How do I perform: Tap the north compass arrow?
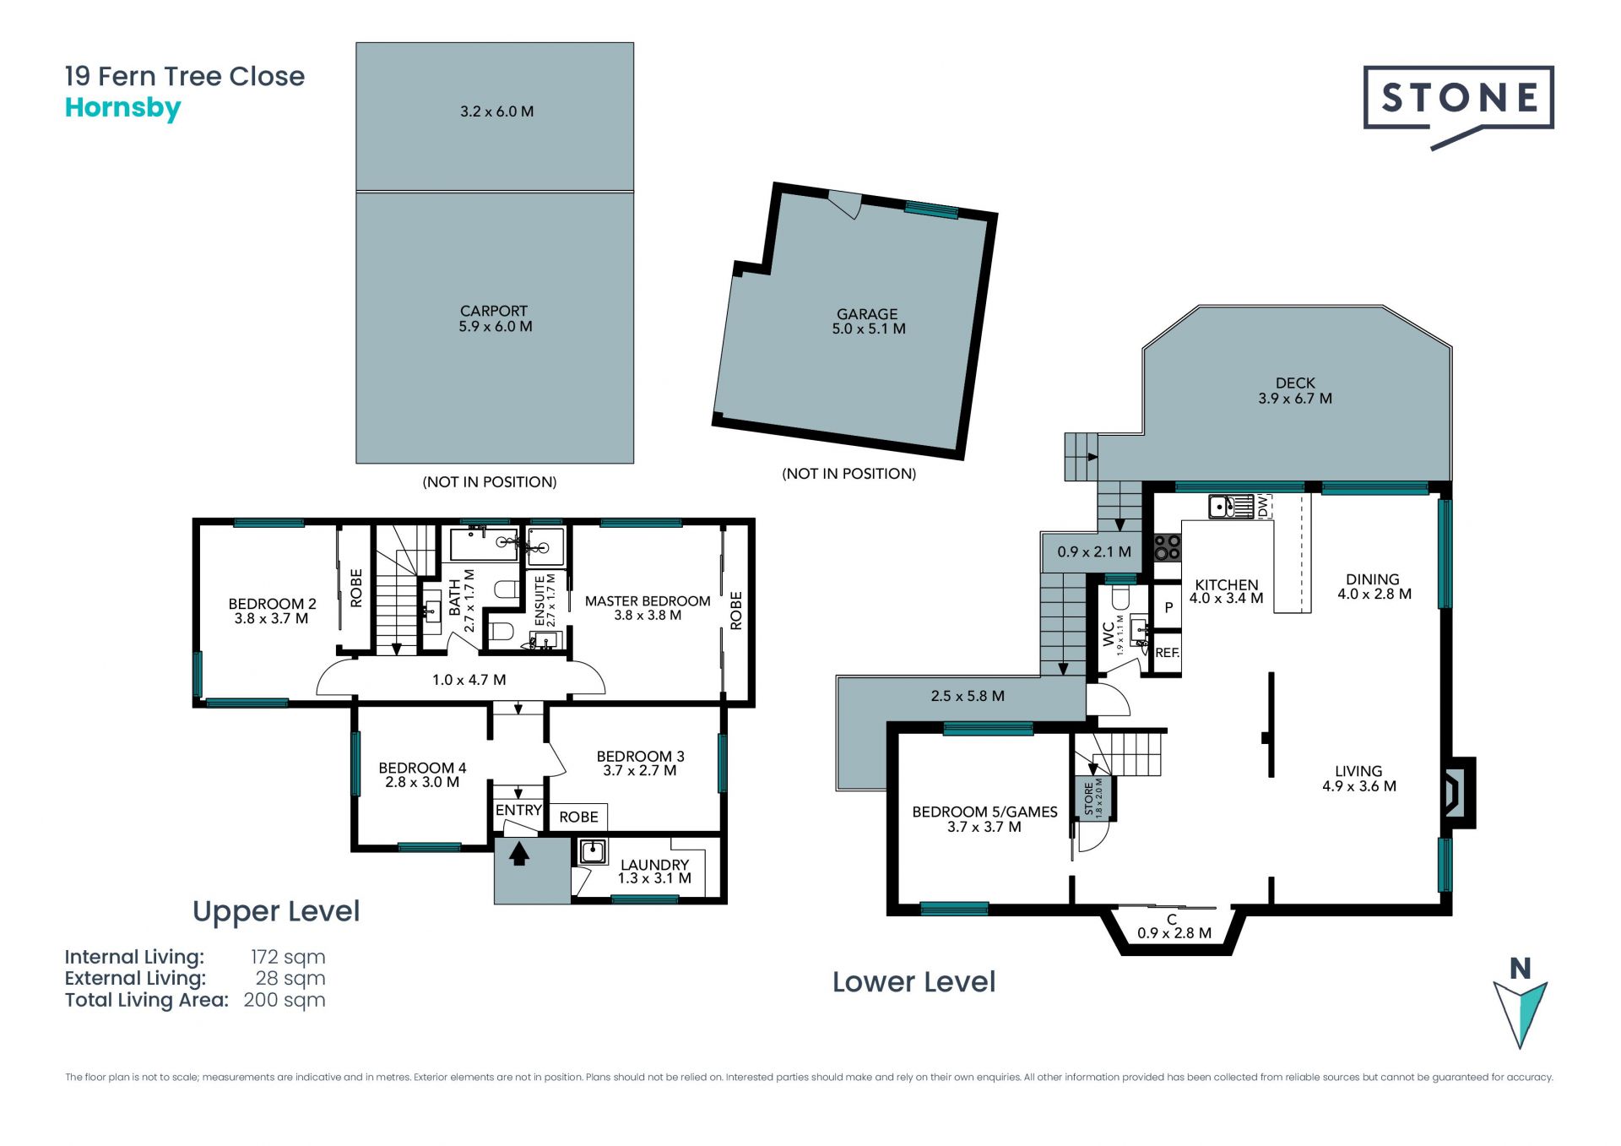click(1520, 1013)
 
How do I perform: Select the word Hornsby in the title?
click(123, 109)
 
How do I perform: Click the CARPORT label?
click(494, 311)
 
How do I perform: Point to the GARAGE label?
click(867, 314)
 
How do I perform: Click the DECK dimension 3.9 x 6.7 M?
click(1295, 399)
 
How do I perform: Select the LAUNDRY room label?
click(654, 865)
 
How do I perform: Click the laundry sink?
click(593, 851)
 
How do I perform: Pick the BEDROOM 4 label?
click(422, 768)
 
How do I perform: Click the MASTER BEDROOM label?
click(648, 601)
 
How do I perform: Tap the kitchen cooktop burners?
click(1168, 547)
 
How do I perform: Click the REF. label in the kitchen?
click(1167, 653)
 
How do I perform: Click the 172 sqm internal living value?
click(288, 957)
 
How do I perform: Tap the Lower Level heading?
click(914, 982)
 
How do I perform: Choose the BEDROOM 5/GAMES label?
click(984, 812)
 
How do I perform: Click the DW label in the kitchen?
click(1262, 507)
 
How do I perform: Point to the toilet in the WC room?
click(1120, 598)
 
